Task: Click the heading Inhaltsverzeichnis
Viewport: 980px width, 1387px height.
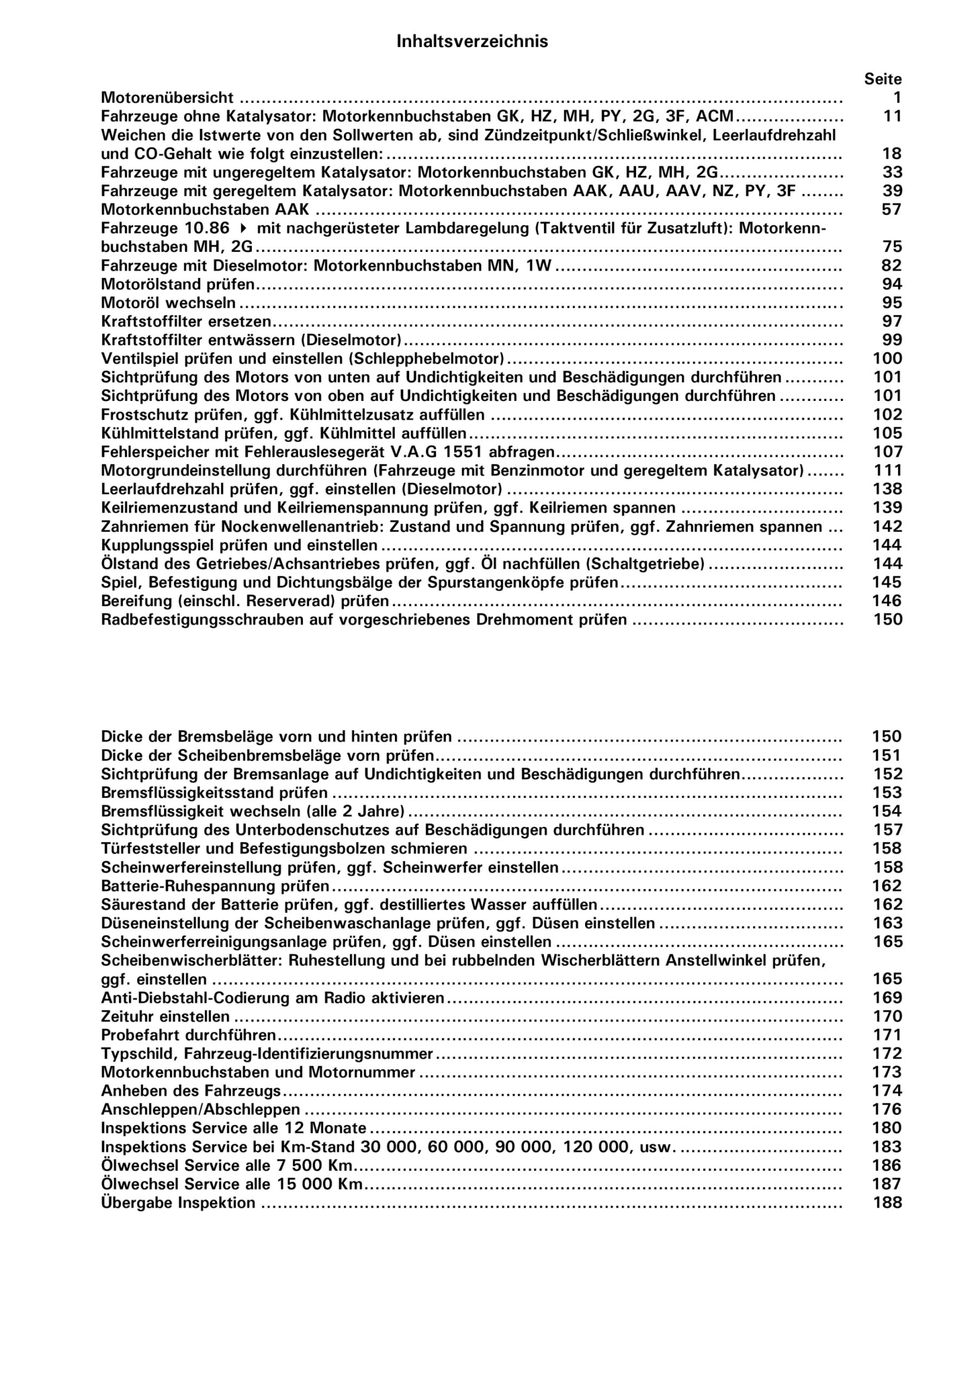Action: pyautogui.click(x=472, y=42)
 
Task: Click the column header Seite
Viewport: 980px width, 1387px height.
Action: pyautogui.click(x=882, y=79)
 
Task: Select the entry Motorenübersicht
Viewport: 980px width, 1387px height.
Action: pyautogui.click(x=167, y=98)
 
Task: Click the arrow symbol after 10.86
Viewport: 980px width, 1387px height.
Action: pyautogui.click(x=243, y=228)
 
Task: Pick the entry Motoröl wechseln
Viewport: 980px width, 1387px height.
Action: pyautogui.click(x=168, y=303)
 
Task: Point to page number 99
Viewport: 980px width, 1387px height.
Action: pyautogui.click(x=892, y=340)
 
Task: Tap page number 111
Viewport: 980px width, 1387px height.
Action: pyautogui.click(x=887, y=471)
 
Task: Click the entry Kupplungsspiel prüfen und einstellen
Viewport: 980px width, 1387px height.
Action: pyautogui.click(x=239, y=546)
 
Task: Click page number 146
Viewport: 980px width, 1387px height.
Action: pyautogui.click(x=887, y=601)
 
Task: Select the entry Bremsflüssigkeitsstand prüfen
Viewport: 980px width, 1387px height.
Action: pyautogui.click(x=215, y=793)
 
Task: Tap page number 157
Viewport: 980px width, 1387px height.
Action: pyautogui.click(x=887, y=830)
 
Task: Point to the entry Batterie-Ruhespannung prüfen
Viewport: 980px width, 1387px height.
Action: pyautogui.click(x=215, y=886)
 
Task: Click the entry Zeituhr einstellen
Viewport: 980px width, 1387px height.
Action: pyautogui.click(x=165, y=1017)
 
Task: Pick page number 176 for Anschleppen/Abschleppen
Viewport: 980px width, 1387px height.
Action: pyautogui.click(x=887, y=1110)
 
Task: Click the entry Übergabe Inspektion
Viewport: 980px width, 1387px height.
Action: pyautogui.click(x=178, y=1203)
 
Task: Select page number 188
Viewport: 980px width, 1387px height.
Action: pyautogui.click(x=887, y=1203)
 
